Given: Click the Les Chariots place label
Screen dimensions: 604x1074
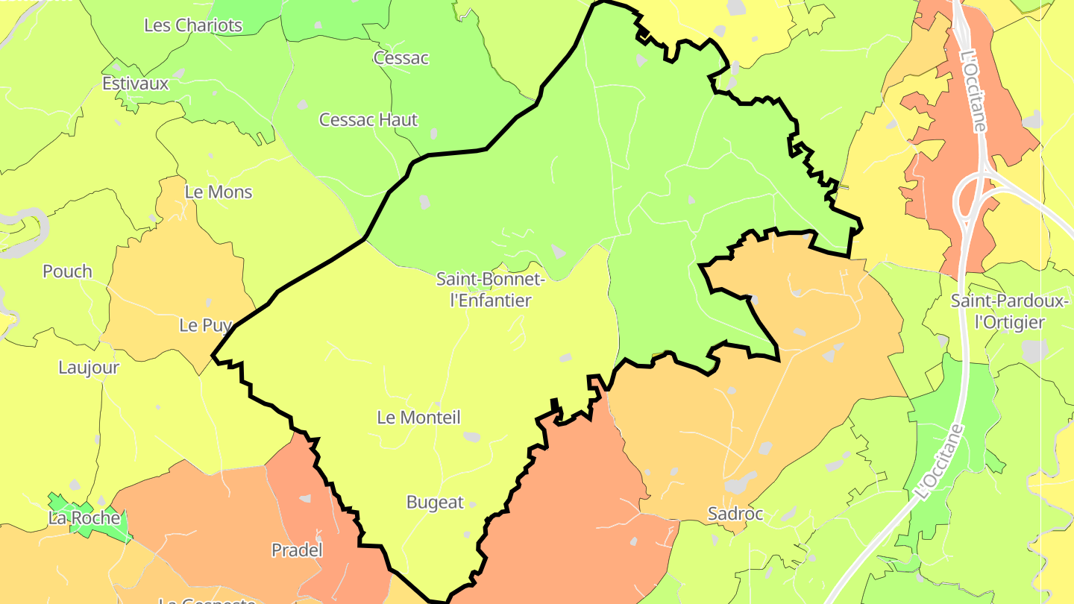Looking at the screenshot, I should point(193,25).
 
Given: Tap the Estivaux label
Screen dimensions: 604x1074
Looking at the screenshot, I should point(136,84).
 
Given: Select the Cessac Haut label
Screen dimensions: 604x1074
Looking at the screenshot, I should point(368,119).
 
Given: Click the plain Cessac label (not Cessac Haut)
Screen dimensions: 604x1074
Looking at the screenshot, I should point(401,58).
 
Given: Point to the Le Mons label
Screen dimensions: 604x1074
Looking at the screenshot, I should point(219,192).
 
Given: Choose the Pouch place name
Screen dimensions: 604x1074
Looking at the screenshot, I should point(67,271).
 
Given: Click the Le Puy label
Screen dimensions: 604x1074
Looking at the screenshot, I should point(206,325).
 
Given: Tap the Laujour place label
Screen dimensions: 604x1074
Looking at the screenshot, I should point(89,368).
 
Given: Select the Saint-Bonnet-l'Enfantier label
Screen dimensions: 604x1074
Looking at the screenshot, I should point(491,290).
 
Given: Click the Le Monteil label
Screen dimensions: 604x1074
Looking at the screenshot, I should point(418,418).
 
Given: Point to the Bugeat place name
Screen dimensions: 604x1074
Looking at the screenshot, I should point(435,503).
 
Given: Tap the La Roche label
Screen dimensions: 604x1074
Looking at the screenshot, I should point(84,518).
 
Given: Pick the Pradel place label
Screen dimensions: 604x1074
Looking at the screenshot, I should point(297,550).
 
